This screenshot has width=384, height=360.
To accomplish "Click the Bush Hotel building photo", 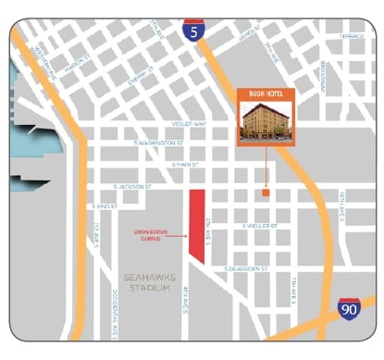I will pyautogui.click(x=266, y=121).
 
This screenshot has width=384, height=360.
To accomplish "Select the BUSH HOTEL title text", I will pyautogui.click(x=266, y=94).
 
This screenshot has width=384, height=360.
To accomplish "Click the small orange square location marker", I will pyautogui.click(x=265, y=193).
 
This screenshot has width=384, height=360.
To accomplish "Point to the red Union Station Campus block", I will pyautogui.click(x=196, y=222).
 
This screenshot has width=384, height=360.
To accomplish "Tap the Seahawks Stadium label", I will pyautogui.click(x=148, y=282).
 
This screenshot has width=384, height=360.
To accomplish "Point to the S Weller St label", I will pyautogui.click(x=260, y=225).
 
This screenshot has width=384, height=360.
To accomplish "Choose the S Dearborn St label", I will pyautogui.click(x=244, y=268).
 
